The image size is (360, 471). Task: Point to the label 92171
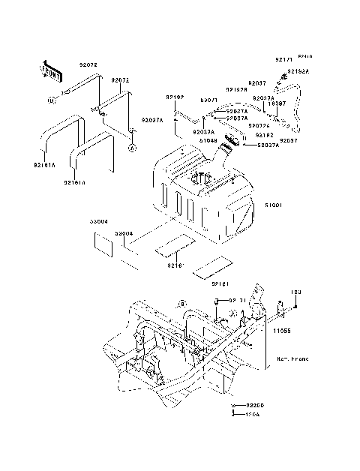[x=283, y=58]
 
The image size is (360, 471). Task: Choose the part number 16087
[x=277, y=104]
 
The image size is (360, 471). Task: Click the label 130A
[x=252, y=414]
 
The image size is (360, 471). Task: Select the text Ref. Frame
[x=291, y=359]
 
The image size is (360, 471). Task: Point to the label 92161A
[x=44, y=165]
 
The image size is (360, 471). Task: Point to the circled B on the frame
[x=160, y=304]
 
